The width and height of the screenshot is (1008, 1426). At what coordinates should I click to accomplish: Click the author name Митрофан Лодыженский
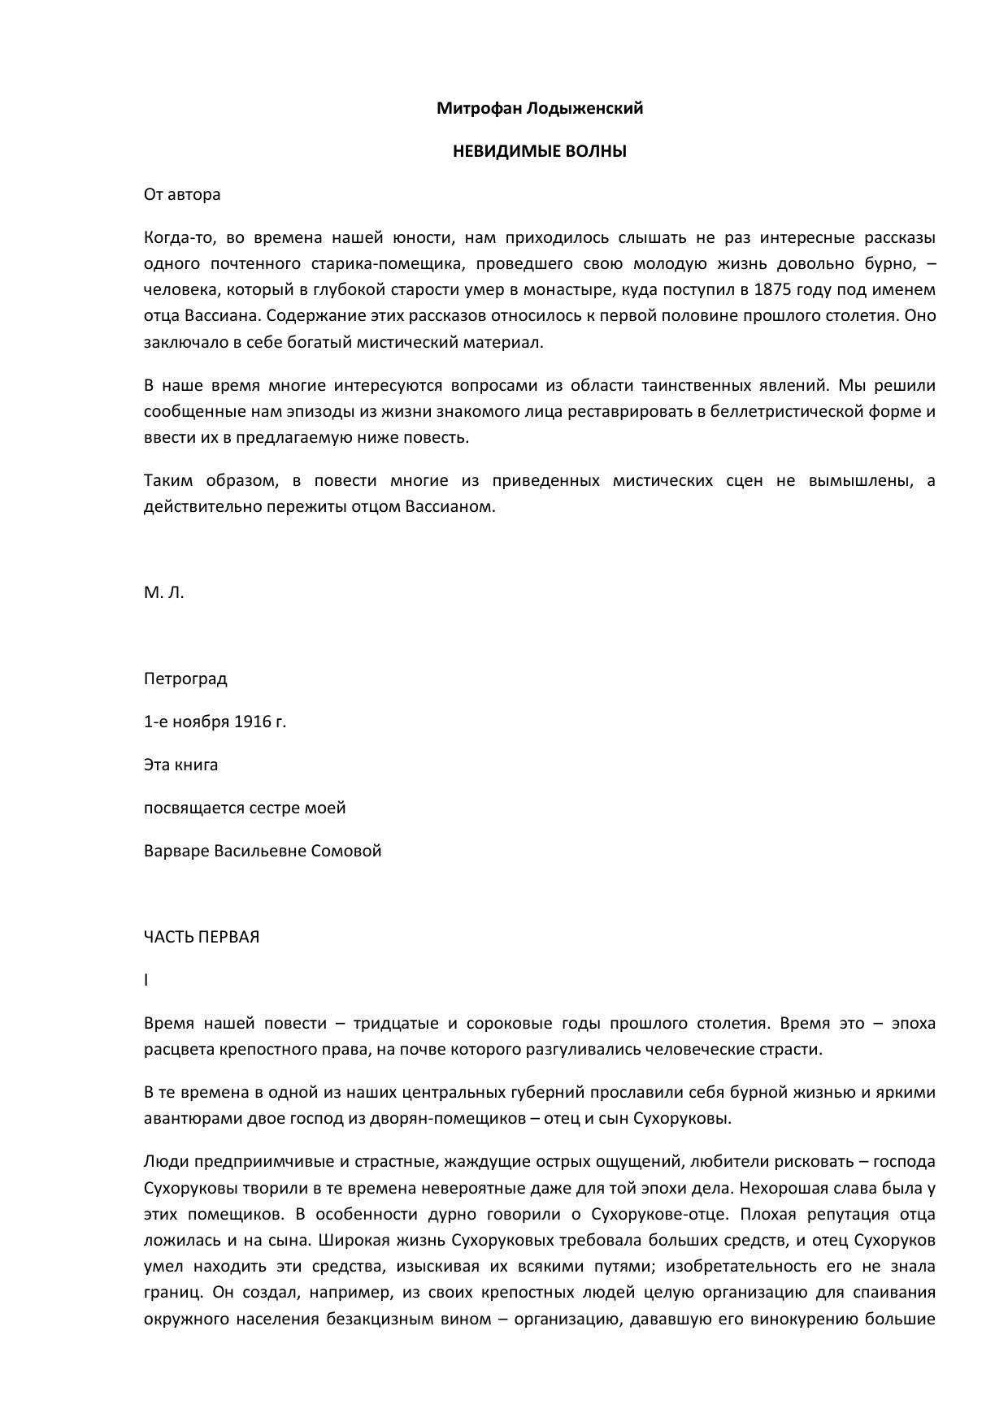pos(539,108)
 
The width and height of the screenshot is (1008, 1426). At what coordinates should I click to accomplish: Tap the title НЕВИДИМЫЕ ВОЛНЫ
pos(539,151)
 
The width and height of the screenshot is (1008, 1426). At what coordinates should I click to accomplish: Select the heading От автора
pos(182,194)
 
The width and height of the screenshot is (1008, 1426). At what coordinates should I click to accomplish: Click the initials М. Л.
pos(164,592)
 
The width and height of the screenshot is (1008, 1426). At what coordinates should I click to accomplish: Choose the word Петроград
pos(185,678)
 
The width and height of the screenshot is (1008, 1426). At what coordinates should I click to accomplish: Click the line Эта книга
pos(180,765)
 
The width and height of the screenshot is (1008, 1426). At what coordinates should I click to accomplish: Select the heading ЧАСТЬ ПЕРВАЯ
pos(202,937)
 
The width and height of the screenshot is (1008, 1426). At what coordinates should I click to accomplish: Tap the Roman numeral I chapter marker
pos(146,980)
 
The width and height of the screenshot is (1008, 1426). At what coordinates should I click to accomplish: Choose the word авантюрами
pos(181,1118)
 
